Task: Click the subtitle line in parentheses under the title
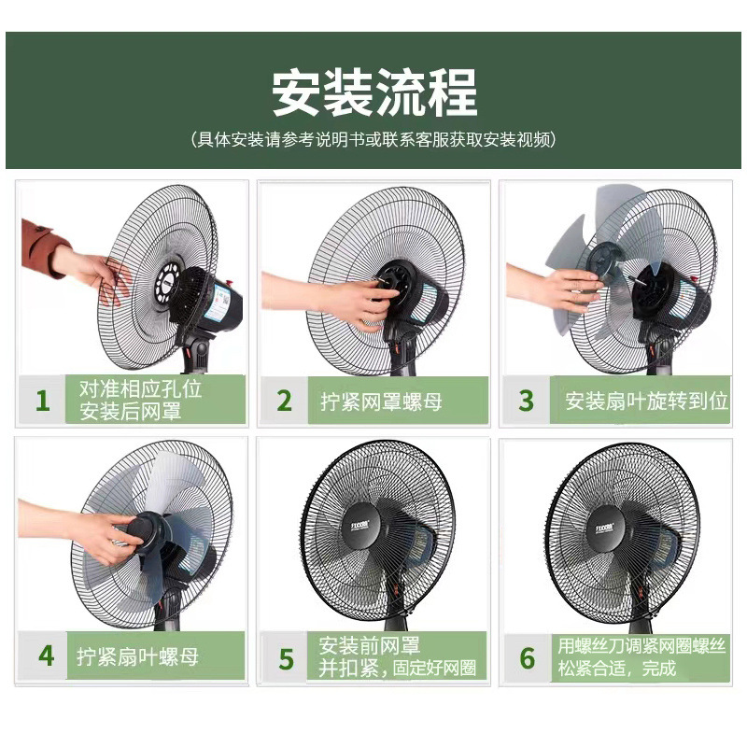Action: pyautogui.click(x=373, y=140)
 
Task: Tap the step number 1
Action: pyautogui.click(x=42, y=401)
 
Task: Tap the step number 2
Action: pyautogui.click(x=285, y=401)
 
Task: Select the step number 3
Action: pyautogui.click(x=527, y=401)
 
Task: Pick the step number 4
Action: pyautogui.click(x=46, y=654)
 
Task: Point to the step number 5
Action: pyautogui.click(x=287, y=657)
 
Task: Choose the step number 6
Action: pyautogui.click(x=528, y=657)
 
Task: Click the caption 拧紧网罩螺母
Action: pyautogui.click(x=382, y=402)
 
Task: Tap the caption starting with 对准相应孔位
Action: pyautogui.click(x=140, y=401)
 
